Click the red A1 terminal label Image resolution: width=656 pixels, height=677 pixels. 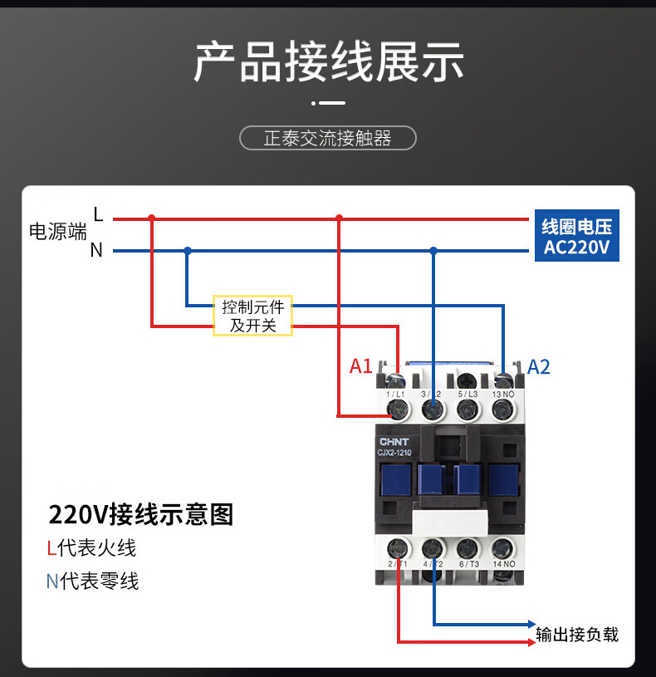tap(360, 366)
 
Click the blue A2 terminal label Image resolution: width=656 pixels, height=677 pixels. tap(539, 367)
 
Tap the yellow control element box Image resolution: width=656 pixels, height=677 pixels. tap(253, 316)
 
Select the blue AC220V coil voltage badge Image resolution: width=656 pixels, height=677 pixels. tap(577, 235)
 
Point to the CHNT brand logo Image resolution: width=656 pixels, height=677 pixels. tap(394, 442)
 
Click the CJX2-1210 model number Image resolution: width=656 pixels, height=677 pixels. tap(394, 453)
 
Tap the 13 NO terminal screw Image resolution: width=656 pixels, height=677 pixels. tap(502, 410)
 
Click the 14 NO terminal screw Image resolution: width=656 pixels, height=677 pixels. tap(502, 549)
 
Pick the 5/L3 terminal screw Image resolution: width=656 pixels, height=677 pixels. tap(468, 410)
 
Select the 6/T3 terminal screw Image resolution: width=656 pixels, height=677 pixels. tap(468, 549)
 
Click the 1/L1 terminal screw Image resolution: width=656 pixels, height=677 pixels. tap(398, 410)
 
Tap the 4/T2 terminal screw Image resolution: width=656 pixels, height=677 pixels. tap(433, 549)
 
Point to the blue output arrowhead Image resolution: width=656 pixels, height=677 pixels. tap(532, 624)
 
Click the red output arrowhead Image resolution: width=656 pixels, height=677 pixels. tap(532, 642)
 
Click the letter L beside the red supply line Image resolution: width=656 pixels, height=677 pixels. tap(98, 214)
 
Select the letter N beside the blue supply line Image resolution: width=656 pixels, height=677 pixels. tap(96, 250)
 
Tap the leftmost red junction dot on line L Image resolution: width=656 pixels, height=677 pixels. tap(151, 218)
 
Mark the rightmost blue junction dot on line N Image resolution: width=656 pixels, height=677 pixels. tap(433, 250)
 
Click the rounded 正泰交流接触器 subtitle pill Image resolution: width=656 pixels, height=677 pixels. tap(327, 138)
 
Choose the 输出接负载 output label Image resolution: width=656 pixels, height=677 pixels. tap(577, 635)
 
